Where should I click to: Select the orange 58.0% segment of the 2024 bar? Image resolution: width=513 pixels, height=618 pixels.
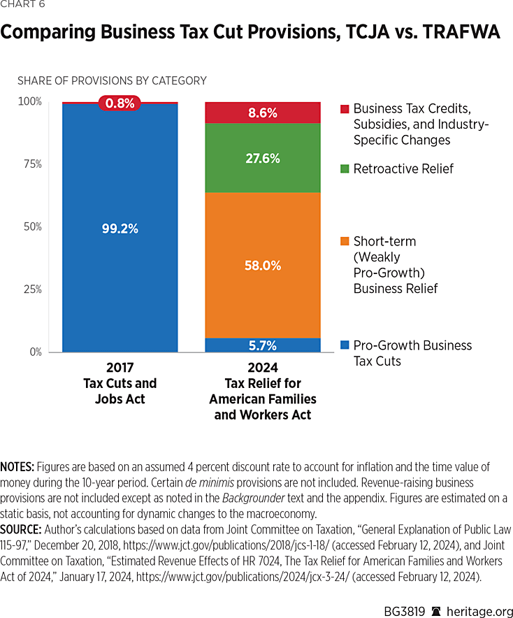(262, 266)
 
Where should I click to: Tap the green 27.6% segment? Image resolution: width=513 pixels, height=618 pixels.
(262, 158)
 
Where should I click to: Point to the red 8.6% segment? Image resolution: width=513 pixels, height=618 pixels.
(262, 113)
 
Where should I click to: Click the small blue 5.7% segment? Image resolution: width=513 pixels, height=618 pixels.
(262, 345)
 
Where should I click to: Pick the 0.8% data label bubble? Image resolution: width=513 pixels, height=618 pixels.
(120, 103)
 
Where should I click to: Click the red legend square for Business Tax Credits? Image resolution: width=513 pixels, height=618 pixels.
(344, 109)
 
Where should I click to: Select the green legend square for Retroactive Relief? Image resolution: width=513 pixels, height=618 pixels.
(344, 169)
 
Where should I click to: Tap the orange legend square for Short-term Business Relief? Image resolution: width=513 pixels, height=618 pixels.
(344, 242)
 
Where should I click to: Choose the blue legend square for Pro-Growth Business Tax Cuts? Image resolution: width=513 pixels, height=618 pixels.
(344, 345)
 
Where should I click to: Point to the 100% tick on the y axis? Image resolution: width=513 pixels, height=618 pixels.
(29, 102)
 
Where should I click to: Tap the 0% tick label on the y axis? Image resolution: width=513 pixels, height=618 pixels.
(35, 352)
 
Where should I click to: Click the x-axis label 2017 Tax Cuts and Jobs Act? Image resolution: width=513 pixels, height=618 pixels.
(120, 383)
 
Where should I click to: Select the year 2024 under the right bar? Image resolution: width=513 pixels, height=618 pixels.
(262, 368)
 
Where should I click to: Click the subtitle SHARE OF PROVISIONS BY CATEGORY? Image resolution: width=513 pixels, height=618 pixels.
(112, 80)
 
